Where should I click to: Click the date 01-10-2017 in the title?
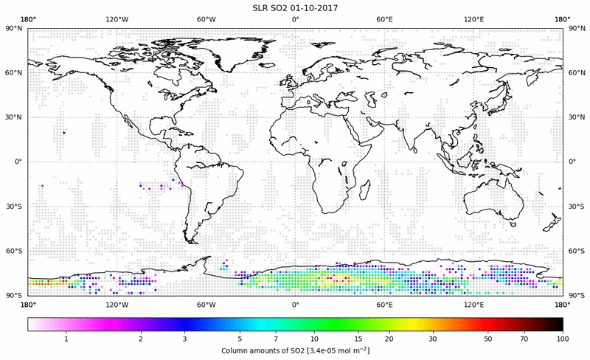click(x=319, y=7)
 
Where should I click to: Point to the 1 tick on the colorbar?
click(x=66, y=339)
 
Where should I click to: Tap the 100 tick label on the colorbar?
click(x=563, y=339)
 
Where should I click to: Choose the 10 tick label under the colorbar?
click(x=315, y=339)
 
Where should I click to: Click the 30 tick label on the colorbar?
click(x=434, y=339)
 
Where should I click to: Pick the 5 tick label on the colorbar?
click(x=240, y=339)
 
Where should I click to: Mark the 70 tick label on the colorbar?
click(x=523, y=339)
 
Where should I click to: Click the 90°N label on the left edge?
click(x=15, y=29)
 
